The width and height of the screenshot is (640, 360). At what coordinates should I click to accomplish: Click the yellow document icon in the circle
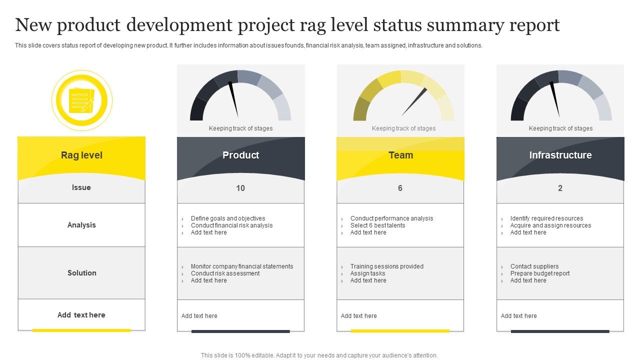[x=81, y=100]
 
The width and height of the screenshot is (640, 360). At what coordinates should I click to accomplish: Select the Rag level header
[x=81, y=155]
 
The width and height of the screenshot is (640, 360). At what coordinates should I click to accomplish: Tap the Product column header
[x=240, y=155]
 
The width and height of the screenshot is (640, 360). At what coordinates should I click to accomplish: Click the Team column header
[x=400, y=155]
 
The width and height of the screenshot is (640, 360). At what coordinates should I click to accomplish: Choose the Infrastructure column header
[x=560, y=155]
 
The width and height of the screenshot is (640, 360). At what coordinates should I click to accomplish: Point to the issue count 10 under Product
[x=240, y=188]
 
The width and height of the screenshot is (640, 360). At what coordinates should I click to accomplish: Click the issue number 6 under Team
[x=400, y=188]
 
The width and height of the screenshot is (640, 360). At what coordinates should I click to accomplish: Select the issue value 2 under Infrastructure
[x=560, y=188]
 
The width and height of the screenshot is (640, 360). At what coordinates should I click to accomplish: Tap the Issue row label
[x=81, y=187]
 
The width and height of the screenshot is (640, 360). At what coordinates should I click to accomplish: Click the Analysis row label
[x=81, y=225]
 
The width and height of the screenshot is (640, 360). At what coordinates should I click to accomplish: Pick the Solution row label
[x=81, y=273]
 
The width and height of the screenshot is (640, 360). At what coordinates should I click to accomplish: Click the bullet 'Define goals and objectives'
[x=228, y=218]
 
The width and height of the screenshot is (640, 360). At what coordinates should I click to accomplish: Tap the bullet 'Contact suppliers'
[x=534, y=266]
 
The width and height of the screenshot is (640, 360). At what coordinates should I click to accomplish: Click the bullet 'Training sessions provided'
[x=386, y=266]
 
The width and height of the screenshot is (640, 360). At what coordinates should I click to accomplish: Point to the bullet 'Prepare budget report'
[x=539, y=273]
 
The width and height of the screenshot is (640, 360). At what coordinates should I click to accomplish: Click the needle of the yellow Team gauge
[x=414, y=101]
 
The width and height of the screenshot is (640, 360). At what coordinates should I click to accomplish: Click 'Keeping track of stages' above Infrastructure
[x=560, y=128]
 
